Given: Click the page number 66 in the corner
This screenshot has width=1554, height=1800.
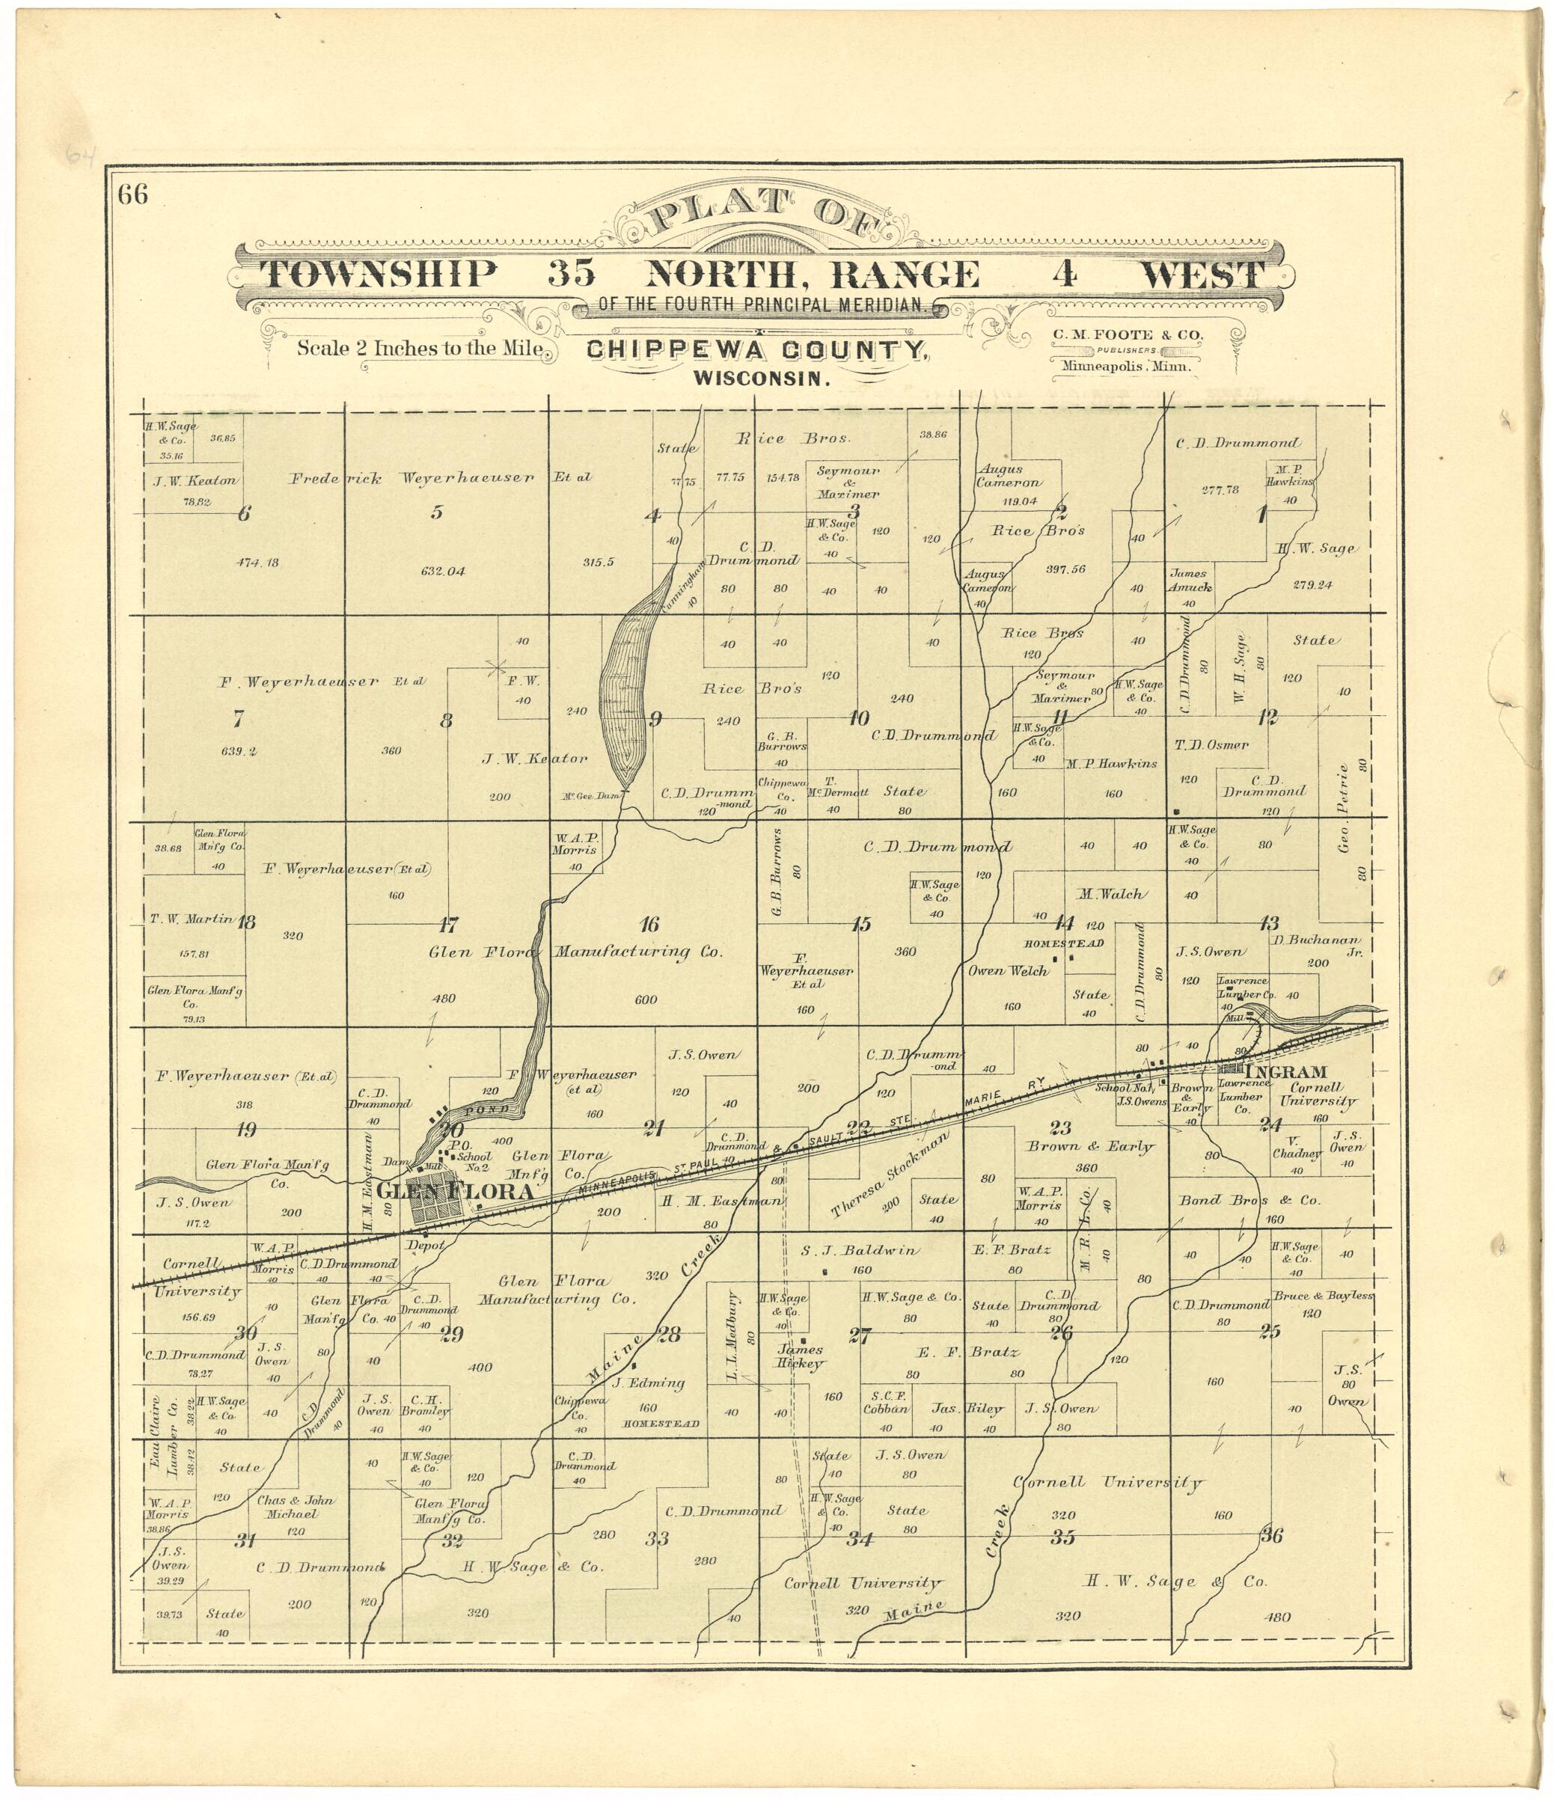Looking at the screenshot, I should point(134,195).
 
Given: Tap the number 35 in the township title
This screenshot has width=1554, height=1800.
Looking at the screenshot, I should point(572,275).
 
